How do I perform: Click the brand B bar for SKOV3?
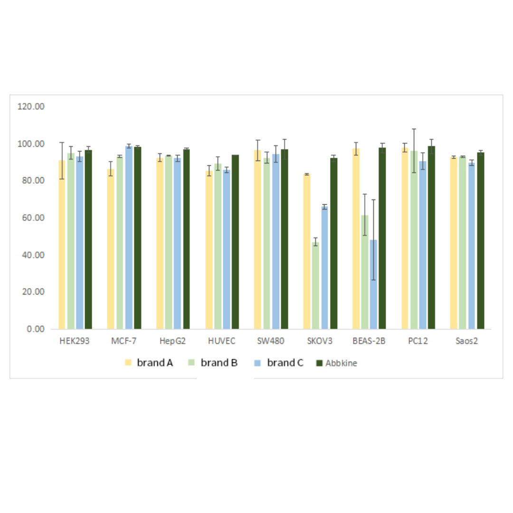(x=315, y=285)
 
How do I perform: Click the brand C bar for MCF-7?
(x=129, y=237)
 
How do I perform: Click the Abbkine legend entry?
(x=337, y=363)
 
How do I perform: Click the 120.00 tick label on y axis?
(x=31, y=107)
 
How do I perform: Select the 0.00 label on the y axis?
(x=34, y=329)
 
